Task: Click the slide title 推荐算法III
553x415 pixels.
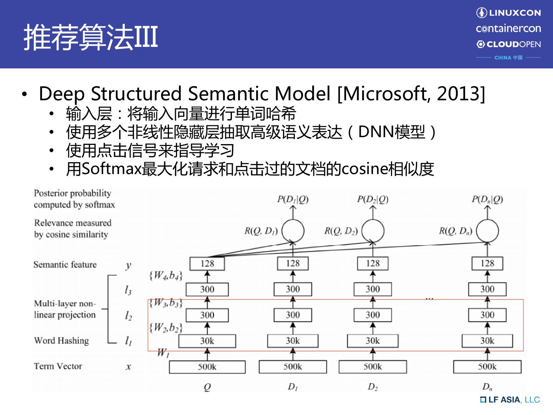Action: [91, 37]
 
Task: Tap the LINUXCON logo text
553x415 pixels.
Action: [514, 13]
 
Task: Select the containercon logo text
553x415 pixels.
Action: [508, 28]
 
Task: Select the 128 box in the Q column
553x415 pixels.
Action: [207, 264]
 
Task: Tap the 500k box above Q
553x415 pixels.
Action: [207, 367]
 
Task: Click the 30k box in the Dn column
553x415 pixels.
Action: [487, 341]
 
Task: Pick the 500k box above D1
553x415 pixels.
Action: [293, 367]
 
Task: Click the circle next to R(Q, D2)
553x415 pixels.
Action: [373, 231]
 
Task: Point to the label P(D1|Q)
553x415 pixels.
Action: [293, 199]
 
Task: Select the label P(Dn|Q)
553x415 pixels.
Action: [487, 199]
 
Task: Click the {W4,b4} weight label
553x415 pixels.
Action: [166, 275]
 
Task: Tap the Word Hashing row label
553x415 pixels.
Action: [61, 340]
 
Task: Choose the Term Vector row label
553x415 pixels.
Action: [58, 366]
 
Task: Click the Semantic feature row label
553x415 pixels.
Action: [65, 264]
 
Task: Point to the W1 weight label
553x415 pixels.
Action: [163, 353]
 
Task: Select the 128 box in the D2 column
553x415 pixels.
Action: [373, 264]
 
